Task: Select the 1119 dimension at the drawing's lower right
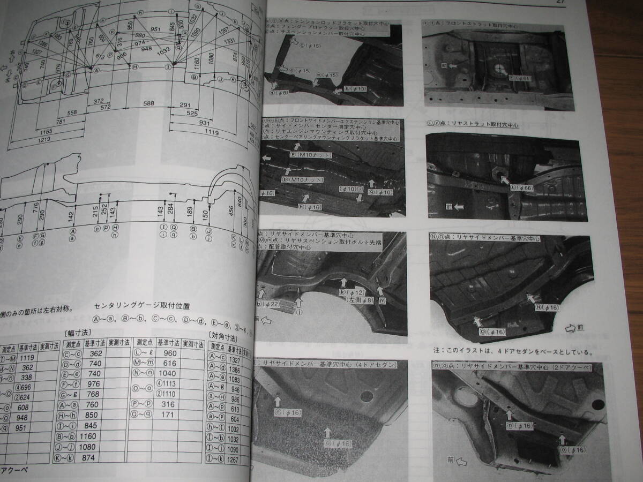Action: (x=212, y=130)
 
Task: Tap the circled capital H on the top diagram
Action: (x=135, y=66)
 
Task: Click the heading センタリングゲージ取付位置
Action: (x=142, y=305)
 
